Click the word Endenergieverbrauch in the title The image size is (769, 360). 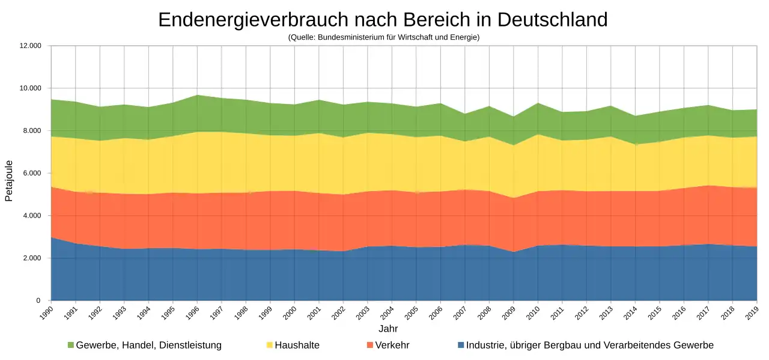point(254,20)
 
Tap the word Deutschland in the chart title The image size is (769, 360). point(552,20)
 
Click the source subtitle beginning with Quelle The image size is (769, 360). point(384,37)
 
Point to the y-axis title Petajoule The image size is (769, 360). point(8,181)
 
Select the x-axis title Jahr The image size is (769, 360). point(388,329)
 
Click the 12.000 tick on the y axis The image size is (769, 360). point(30,46)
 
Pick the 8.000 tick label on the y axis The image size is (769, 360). point(32,130)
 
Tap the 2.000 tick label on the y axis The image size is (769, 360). point(32,258)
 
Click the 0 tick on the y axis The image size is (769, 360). point(38,301)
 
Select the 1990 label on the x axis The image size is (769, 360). point(46,313)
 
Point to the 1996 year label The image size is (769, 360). point(192,313)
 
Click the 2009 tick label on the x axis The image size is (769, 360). point(509,313)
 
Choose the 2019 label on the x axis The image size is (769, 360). point(752,313)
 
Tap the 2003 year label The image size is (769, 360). point(363,313)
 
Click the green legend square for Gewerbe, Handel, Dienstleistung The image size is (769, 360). point(71,345)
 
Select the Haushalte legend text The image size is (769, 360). point(297,345)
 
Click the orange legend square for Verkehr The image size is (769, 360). point(369,345)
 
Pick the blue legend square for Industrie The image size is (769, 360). point(461,345)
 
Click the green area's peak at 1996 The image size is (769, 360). point(198,95)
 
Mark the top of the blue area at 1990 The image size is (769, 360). point(52,237)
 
